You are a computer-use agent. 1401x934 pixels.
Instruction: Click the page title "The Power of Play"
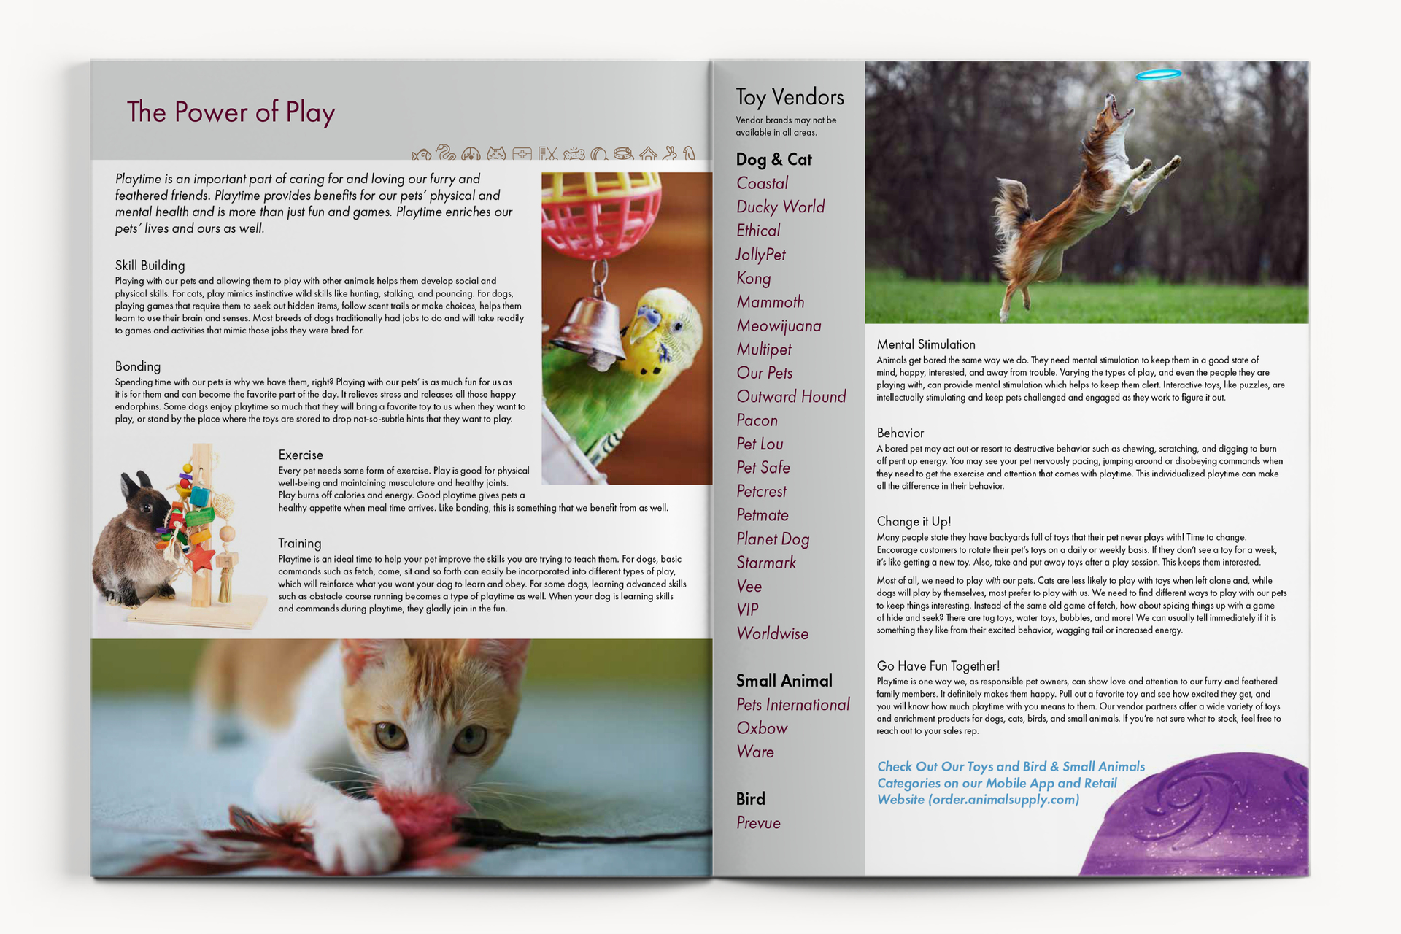click(231, 112)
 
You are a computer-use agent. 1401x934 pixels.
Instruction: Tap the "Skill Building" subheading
click(150, 266)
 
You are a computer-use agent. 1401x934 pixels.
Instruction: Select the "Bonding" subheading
click(137, 366)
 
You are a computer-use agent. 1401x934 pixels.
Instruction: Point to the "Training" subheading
click(299, 544)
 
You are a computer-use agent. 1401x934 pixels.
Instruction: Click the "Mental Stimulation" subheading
click(926, 344)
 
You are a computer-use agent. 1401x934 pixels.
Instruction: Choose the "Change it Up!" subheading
click(914, 522)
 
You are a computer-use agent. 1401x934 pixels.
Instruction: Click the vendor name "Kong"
click(753, 279)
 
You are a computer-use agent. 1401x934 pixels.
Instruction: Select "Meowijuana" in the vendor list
click(779, 325)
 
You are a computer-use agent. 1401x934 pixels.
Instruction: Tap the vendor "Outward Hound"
click(791, 396)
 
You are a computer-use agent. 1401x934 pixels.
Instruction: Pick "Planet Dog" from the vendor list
click(773, 539)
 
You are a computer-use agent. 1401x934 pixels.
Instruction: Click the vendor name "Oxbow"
click(762, 728)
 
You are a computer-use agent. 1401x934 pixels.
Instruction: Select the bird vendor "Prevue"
click(758, 823)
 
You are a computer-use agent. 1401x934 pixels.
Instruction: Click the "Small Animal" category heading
click(784, 681)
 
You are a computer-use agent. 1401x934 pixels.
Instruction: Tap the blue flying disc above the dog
click(1158, 74)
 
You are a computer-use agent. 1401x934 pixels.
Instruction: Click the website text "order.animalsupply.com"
click(1003, 800)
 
